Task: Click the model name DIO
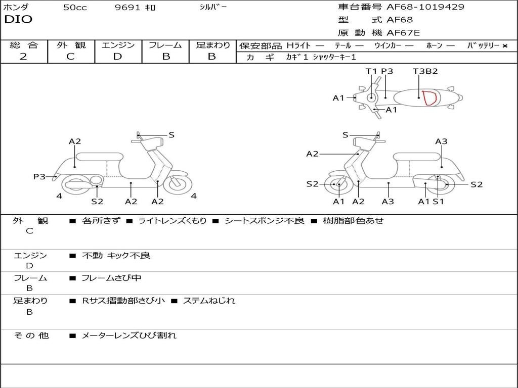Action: point(18,20)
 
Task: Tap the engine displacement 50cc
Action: point(75,8)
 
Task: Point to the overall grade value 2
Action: point(23,57)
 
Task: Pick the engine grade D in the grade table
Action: point(117,57)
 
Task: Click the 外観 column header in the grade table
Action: point(71,45)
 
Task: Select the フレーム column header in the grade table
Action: point(165,45)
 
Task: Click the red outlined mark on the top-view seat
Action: point(430,98)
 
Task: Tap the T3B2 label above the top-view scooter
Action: point(425,71)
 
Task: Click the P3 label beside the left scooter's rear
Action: point(39,176)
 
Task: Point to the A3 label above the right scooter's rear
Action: point(441,141)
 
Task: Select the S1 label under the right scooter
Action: point(438,202)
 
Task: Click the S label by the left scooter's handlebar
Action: point(171,135)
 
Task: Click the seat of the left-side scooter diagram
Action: point(99,157)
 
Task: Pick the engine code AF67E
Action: point(403,33)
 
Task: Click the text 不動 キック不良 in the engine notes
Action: point(116,256)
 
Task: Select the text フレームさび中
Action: point(111,278)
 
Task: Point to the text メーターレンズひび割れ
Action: point(129,335)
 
